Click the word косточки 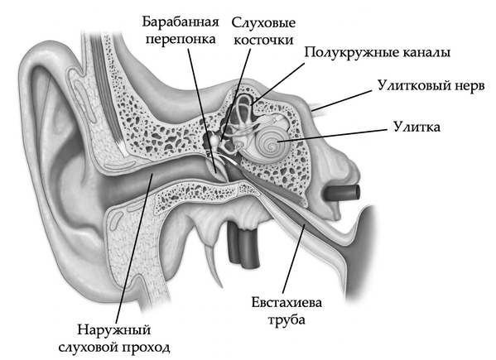pyautogui.click(x=263, y=41)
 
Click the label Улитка pyautogui.click(x=417, y=127)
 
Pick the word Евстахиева pyautogui.click(x=287, y=303)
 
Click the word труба pyautogui.click(x=287, y=320)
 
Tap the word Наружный pyautogui.click(x=114, y=330)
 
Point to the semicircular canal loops pyautogui.click(x=243, y=111)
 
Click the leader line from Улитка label pyautogui.click(x=332, y=136)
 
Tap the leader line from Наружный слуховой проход pyautogui.click(x=134, y=248)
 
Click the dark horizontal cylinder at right pyautogui.click(x=342, y=194)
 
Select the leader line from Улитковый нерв pyautogui.click(x=342, y=100)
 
